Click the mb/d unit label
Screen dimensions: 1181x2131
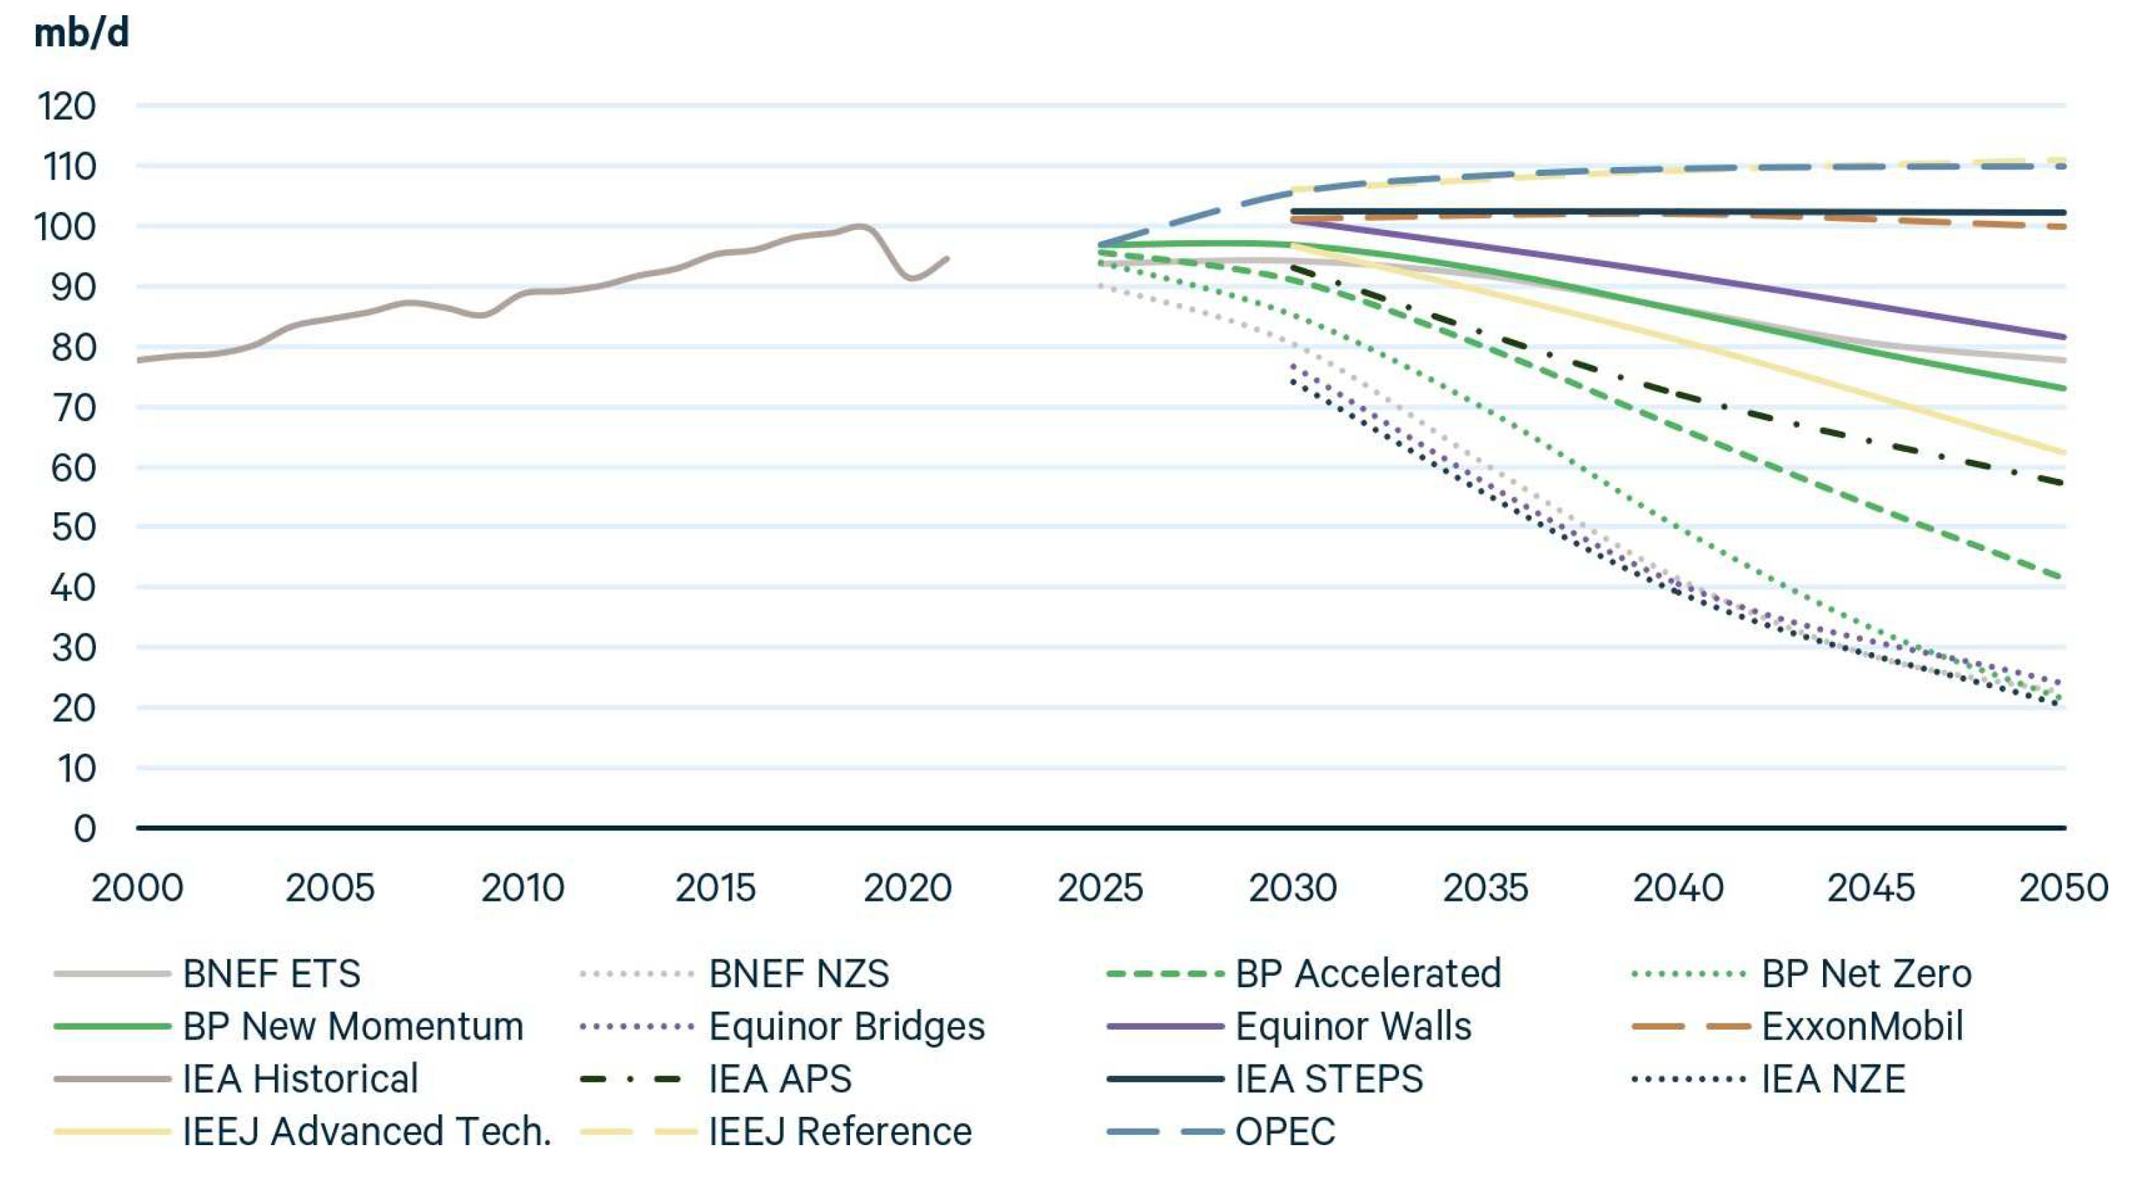click(x=81, y=33)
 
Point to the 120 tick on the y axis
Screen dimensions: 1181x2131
click(x=66, y=107)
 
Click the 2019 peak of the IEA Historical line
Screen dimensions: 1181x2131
click(x=860, y=226)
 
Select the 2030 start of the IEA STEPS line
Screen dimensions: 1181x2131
click(x=1293, y=212)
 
